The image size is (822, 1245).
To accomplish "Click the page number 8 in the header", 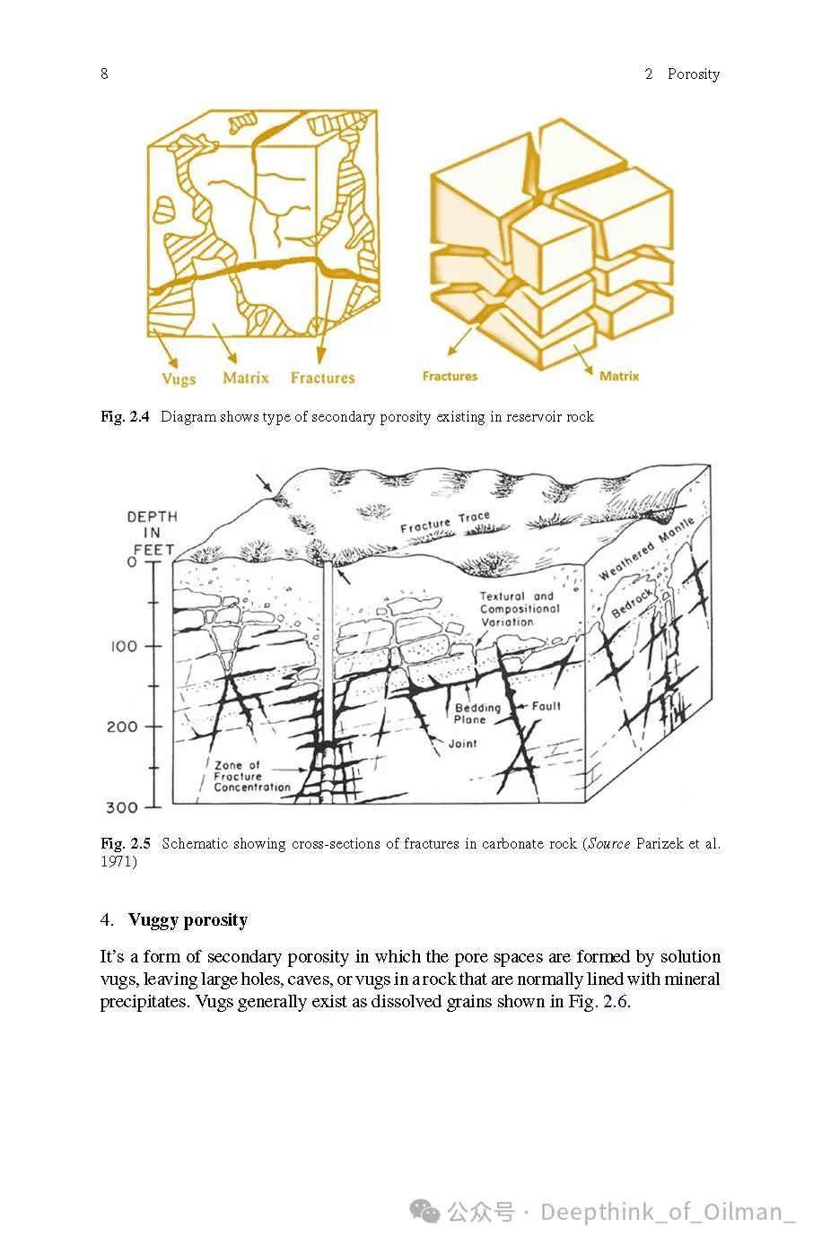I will [x=104, y=74].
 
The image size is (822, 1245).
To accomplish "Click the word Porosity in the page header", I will [x=693, y=74].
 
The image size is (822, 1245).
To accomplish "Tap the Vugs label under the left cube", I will [x=179, y=379].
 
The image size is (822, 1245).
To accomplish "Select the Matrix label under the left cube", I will [x=245, y=378].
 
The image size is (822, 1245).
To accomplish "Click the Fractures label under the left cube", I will [x=322, y=378].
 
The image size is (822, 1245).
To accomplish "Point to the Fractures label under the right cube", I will [x=450, y=376].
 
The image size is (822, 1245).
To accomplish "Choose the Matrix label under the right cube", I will [x=619, y=376].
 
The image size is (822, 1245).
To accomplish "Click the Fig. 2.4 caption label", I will [x=125, y=416].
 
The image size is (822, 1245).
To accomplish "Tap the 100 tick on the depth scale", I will [x=125, y=646].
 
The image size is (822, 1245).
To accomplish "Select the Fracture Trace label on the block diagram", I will [x=445, y=522].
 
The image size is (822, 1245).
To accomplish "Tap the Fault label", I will [x=546, y=706].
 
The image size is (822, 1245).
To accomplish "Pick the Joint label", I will [x=462, y=744].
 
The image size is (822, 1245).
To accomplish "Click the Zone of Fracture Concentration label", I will [x=251, y=777].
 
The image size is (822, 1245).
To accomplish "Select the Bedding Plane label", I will [x=477, y=713].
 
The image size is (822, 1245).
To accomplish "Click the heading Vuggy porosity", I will [x=188, y=919].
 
